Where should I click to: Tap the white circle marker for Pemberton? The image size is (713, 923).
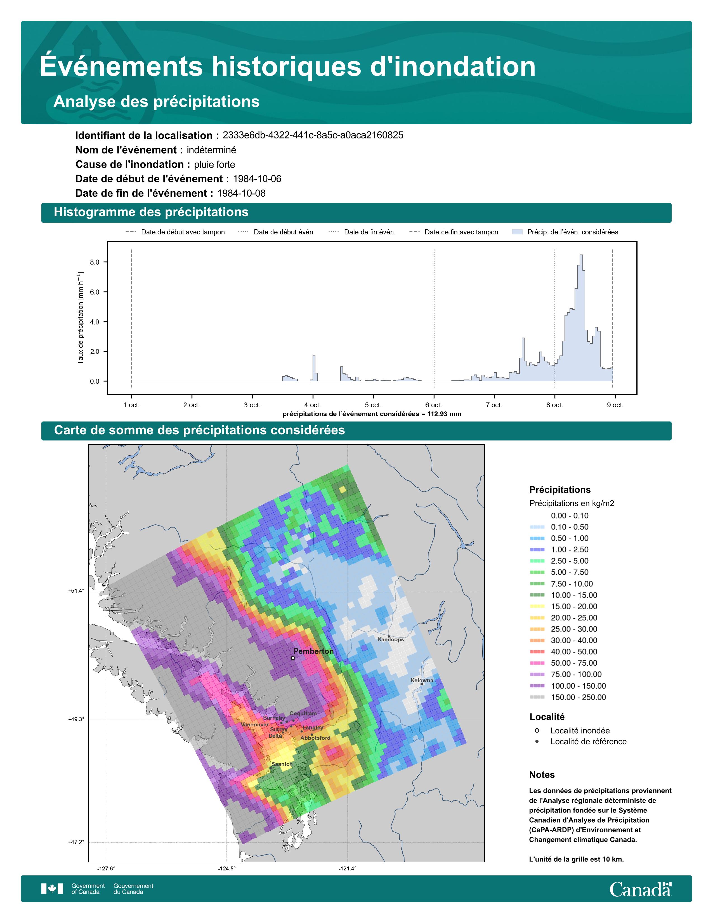coord(293,658)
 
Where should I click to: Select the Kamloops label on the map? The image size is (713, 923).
coord(391,639)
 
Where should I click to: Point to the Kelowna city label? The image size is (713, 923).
coord(422,681)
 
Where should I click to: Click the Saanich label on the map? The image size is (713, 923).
coord(282,764)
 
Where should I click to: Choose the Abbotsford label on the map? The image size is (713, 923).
coord(315,738)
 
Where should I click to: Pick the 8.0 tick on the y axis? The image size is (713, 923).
coord(95,262)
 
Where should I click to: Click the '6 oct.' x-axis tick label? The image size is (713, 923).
coord(433,405)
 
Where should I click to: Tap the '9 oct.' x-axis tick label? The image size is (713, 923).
coord(615,405)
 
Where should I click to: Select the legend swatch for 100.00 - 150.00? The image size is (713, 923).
coord(537,686)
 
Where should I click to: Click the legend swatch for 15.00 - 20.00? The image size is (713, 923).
coord(537,606)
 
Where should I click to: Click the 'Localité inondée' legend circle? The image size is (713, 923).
coord(537,730)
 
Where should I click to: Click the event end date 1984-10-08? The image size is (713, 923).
coord(241,193)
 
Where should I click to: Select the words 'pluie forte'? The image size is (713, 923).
coord(214,164)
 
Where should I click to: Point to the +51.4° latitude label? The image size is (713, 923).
coord(76,591)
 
